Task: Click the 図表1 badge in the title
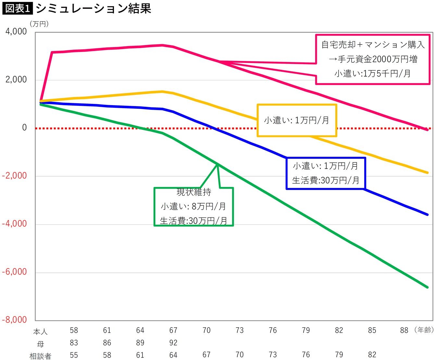pyautogui.click(x=17, y=8)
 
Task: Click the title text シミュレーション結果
pyautogui.click(x=93, y=8)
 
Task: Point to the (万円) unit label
pyautogui.click(x=39, y=24)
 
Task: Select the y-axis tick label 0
pyautogui.click(x=24, y=128)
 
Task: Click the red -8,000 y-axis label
pyautogui.click(x=14, y=320)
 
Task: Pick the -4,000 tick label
pyautogui.click(x=14, y=224)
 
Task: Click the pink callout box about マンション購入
pyautogui.click(x=373, y=59)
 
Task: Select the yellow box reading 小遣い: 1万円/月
pyautogui.click(x=297, y=120)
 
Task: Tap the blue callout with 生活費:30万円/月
pyautogui.click(x=326, y=173)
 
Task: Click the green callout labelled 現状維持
pyautogui.click(x=193, y=206)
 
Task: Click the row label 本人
pyautogui.click(x=40, y=332)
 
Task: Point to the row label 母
pyautogui.click(x=40, y=344)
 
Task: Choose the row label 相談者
pyautogui.click(x=40, y=356)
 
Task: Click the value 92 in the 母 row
pyautogui.click(x=173, y=343)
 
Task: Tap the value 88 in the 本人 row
pyautogui.click(x=404, y=330)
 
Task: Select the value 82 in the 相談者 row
pyautogui.click(x=372, y=355)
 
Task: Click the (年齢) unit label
pyautogui.click(x=424, y=330)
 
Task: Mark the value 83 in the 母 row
pyautogui.click(x=74, y=343)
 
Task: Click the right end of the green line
pyautogui.click(x=428, y=287)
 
